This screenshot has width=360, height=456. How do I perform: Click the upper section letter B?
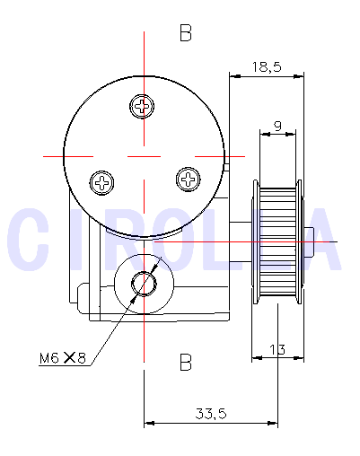click(186, 34)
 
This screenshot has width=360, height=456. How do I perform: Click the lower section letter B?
click(186, 363)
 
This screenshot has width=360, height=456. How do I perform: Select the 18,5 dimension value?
click(267, 66)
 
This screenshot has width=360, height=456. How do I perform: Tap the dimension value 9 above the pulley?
click(278, 127)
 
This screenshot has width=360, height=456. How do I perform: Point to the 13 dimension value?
click(277, 350)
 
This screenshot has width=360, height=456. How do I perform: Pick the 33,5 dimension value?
click(210, 413)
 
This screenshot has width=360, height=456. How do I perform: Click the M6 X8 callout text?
click(62, 359)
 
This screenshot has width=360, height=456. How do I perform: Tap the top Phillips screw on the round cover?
click(143, 107)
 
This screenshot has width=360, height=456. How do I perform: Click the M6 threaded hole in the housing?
click(143, 284)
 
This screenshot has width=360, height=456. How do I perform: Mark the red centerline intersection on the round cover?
click(144, 155)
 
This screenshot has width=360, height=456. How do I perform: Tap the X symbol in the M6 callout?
click(69, 359)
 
